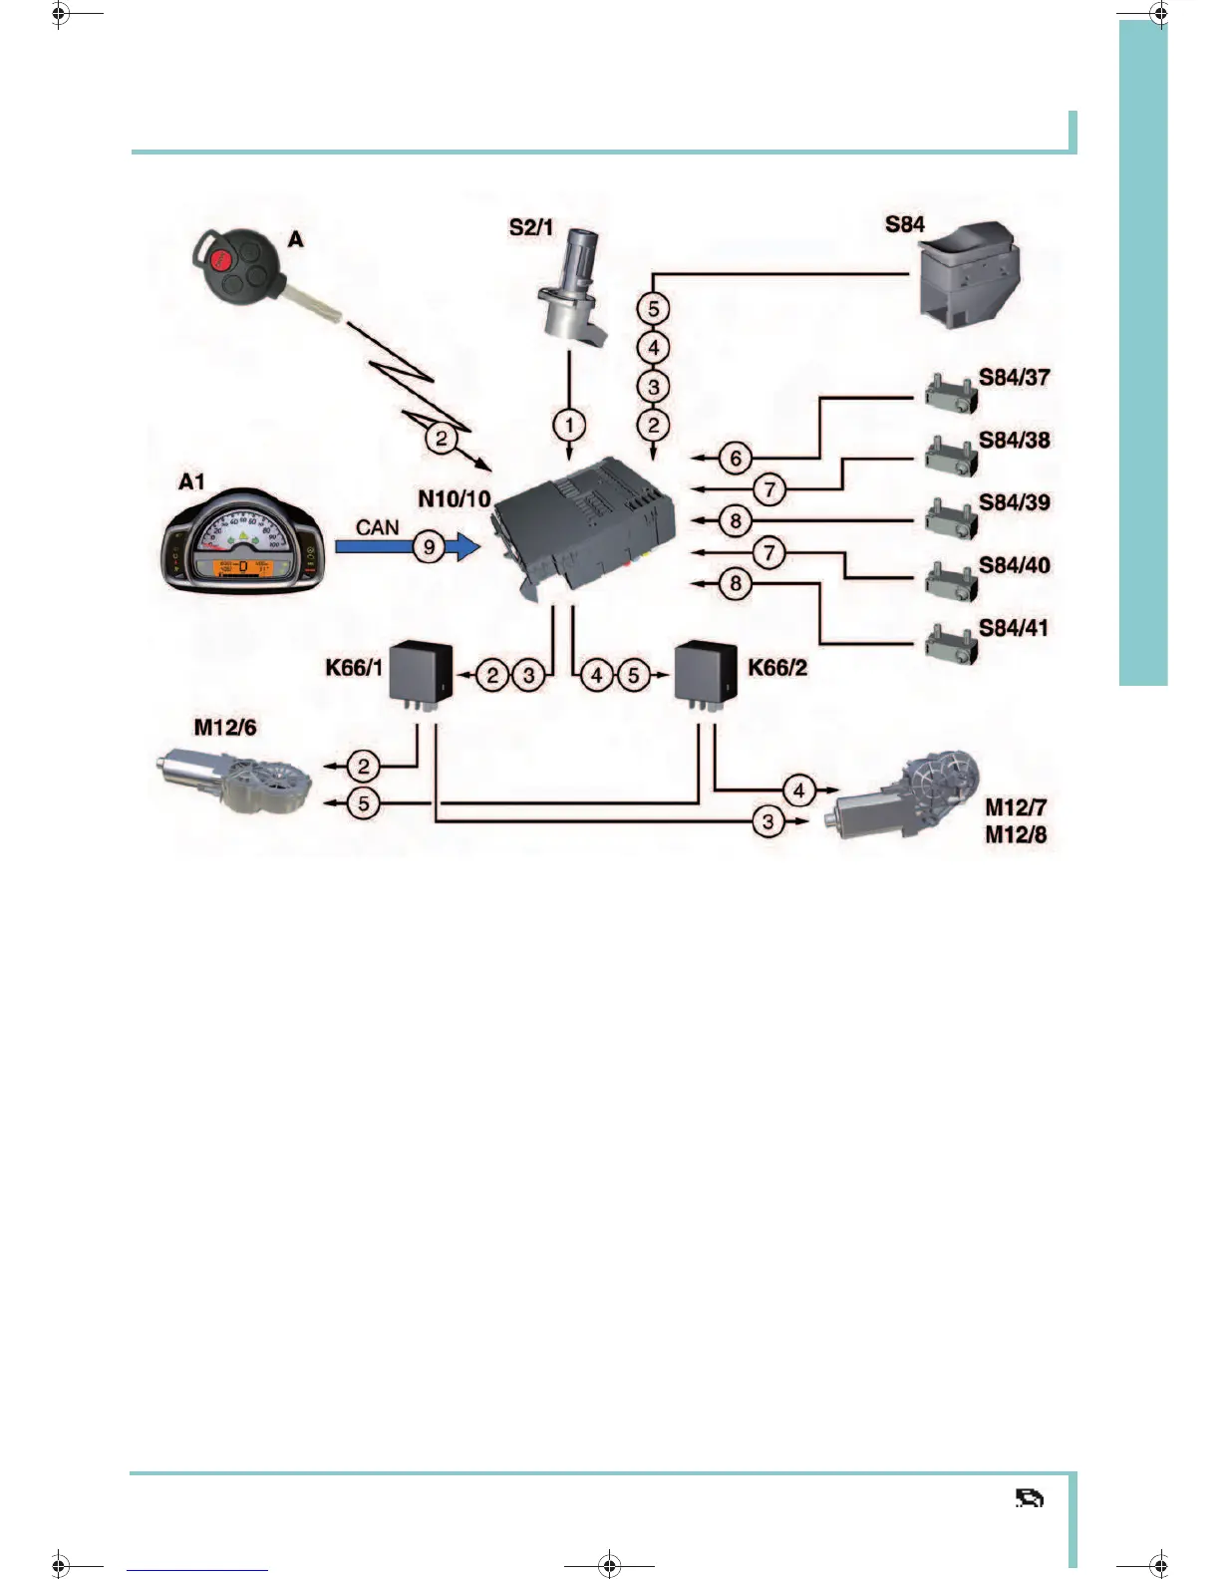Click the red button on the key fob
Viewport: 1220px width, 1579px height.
click(x=221, y=258)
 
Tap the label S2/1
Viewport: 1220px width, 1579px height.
click(x=530, y=227)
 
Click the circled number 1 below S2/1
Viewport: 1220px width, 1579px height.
click(x=569, y=426)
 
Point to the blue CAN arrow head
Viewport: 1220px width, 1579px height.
click(x=465, y=546)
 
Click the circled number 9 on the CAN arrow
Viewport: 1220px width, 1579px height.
click(x=430, y=546)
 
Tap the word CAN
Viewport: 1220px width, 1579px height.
click(x=377, y=526)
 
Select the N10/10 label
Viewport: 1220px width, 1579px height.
click(x=454, y=498)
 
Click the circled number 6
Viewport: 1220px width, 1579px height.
click(x=736, y=458)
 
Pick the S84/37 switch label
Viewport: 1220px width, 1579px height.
click(x=1014, y=377)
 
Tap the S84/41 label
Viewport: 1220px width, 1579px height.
click(x=1013, y=628)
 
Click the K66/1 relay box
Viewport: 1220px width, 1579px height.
click(x=420, y=672)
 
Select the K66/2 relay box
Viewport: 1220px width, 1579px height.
click(x=706, y=672)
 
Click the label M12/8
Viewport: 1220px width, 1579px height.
click(x=1016, y=835)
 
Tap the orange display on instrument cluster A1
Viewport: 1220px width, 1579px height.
click(x=243, y=568)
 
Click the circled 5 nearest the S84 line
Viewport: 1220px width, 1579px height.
click(x=653, y=309)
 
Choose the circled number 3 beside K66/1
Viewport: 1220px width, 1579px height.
click(x=528, y=675)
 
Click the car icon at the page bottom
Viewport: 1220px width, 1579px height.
click(x=1029, y=1498)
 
